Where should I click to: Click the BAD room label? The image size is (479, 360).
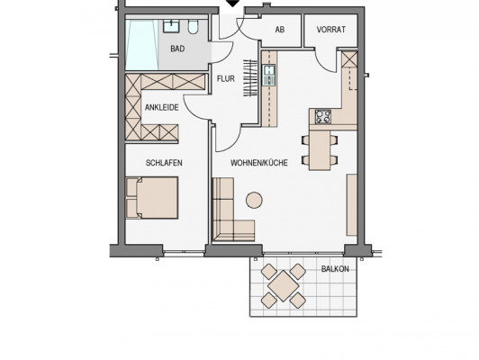pos(177,49)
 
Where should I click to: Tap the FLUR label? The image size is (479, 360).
pos(226,79)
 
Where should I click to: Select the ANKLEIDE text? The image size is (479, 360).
pos(161,107)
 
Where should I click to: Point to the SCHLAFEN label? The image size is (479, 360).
pos(164,163)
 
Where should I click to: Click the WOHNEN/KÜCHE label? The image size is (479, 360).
pos(259,163)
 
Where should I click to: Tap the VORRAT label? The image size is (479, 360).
pos(331,30)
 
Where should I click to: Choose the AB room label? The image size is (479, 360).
pos(280,30)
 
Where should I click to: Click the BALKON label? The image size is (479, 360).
pos(335,269)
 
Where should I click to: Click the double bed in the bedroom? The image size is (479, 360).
pos(152,198)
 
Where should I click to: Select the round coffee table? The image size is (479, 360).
pos(254,200)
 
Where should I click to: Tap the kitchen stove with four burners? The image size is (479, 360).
pos(323,117)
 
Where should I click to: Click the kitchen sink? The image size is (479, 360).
pos(269,75)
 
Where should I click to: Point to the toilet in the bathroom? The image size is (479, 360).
pos(193,27)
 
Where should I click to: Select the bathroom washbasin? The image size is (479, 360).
pos(171,26)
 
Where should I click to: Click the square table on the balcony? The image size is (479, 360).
pos(284,286)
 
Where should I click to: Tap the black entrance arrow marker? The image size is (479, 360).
pos(233,4)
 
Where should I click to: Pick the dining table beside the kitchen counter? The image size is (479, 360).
pos(320,149)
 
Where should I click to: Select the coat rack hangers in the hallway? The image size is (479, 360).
pos(250,78)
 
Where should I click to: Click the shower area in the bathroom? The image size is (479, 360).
pos(142,45)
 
